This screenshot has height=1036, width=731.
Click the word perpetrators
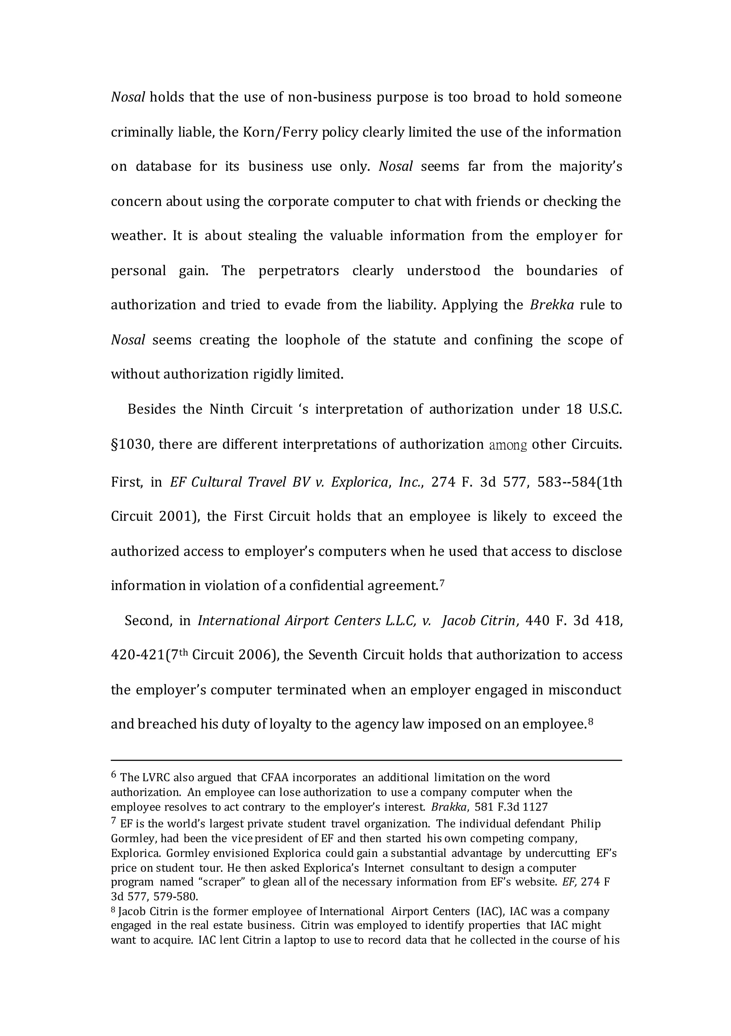click(x=298, y=271)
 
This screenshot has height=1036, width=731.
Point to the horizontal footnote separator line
click(x=366, y=760)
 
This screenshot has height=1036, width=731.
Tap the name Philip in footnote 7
click(x=585, y=824)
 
